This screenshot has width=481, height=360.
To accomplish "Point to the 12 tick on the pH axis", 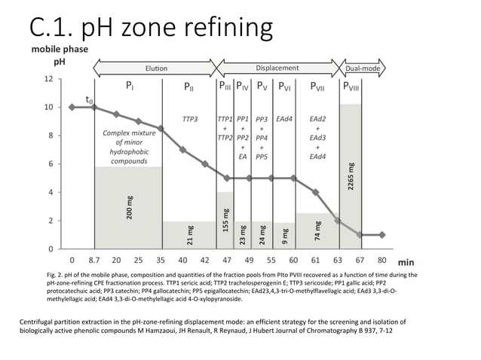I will point(48,78).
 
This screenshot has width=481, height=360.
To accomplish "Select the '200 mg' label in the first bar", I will point(130,207).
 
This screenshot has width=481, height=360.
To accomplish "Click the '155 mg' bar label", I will point(225,219).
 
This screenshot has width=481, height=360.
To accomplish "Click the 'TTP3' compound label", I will point(190,119).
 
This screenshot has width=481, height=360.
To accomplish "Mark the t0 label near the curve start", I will point(89,99).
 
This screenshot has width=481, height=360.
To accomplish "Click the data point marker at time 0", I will point(72,107).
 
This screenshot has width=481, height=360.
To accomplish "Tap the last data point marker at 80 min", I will point(382,234).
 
